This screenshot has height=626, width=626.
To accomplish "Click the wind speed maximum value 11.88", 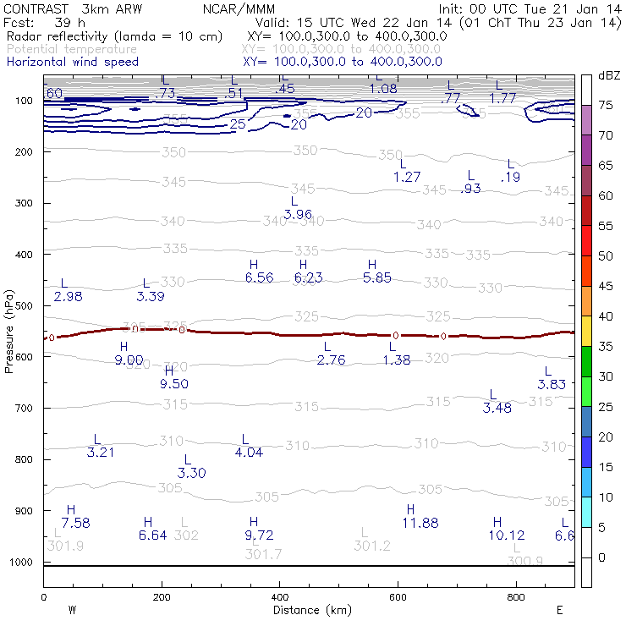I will (420, 524).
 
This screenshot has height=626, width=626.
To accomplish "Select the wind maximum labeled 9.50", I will (173, 384).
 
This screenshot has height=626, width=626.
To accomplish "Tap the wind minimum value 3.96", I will (299, 214).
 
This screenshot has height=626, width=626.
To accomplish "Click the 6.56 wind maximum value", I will (260, 277).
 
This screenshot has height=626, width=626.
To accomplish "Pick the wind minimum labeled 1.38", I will (397, 360).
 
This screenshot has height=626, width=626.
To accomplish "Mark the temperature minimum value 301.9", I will (65, 546).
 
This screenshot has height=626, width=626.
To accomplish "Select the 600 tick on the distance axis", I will (398, 597).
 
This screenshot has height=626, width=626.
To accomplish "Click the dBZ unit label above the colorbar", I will (608, 76).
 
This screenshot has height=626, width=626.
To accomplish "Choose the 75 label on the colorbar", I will (606, 105).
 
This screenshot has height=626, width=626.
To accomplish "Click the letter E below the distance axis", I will (559, 610).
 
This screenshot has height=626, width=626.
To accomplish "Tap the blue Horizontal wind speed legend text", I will (73, 62).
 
